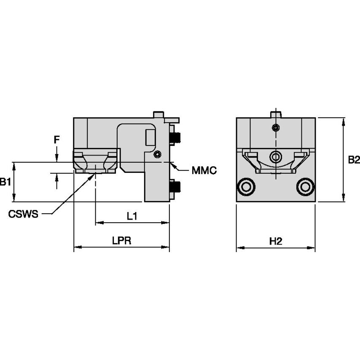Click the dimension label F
point(57,140)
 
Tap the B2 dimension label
point(354,160)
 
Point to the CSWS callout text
point(23,214)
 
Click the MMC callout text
point(204,170)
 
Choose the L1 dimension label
point(132,216)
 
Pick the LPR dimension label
point(122,240)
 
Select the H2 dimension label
point(276,241)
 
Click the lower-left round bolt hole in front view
point(246,187)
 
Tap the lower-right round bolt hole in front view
point(305,187)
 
